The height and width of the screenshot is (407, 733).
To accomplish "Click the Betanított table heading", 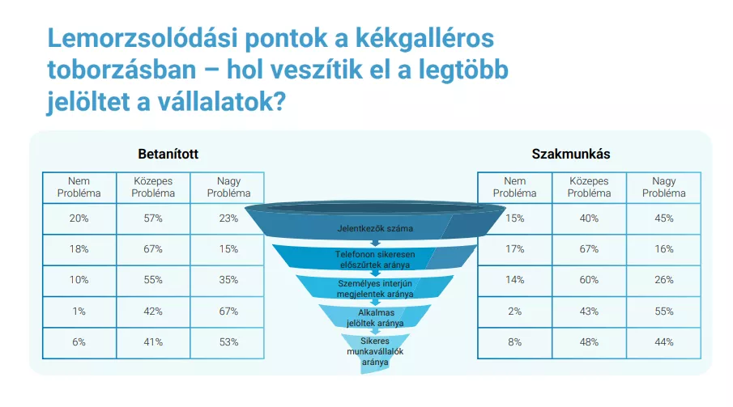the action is (x=168, y=154).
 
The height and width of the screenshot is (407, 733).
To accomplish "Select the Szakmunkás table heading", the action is (x=571, y=154).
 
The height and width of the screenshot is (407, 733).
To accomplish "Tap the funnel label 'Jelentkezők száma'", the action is (x=375, y=228).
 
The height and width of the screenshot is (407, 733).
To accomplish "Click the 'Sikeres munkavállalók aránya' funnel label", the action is (x=375, y=351).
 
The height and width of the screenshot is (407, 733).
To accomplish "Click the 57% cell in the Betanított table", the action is (x=153, y=218).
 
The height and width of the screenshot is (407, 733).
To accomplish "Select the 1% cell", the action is (x=79, y=312).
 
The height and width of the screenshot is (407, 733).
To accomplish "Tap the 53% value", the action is (x=228, y=342).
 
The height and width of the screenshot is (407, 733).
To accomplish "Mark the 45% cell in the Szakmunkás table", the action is (x=664, y=218).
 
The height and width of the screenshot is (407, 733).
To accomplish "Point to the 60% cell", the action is (x=589, y=280).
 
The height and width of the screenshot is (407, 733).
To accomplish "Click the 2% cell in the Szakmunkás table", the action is (x=514, y=312).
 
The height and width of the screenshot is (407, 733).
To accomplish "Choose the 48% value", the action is (x=589, y=342).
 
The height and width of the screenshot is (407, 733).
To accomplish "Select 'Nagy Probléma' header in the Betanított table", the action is (x=228, y=187).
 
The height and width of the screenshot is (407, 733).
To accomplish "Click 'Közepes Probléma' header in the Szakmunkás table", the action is (x=589, y=187).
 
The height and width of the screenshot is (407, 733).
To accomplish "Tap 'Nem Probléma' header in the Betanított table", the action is (x=79, y=187).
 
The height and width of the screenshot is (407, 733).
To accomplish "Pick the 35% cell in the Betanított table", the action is (x=228, y=280).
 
